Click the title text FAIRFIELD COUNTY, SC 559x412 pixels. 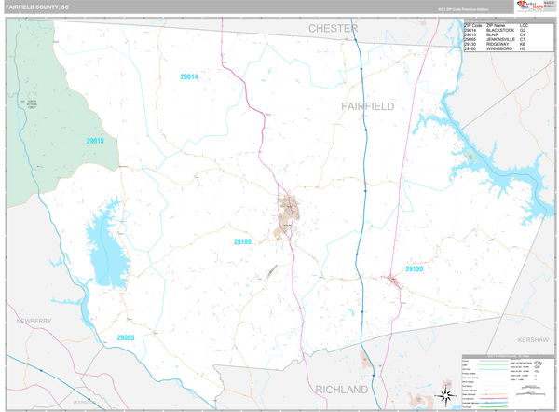point(37,7)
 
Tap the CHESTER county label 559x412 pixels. point(333,29)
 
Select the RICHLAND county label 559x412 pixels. point(341,388)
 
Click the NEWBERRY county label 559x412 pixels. point(34,320)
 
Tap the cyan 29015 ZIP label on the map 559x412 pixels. point(95,141)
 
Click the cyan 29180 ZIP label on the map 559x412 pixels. point(242,241)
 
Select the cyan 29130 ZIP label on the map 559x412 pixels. point(414,268)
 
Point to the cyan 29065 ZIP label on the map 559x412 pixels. point(126,337)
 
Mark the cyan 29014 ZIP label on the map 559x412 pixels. point(189,76)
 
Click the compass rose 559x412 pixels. point(446,397)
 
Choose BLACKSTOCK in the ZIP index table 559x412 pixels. point(499,31)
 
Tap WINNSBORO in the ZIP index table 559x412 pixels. point(499,49)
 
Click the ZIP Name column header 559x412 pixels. point(497,25)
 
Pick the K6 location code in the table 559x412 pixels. point(523,45)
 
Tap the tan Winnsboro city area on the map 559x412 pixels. point(289,211)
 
